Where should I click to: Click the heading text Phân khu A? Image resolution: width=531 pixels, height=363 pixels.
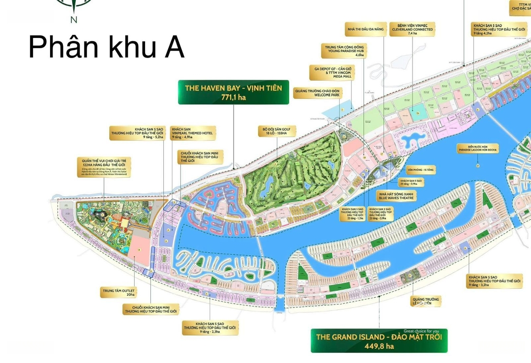click(x=106, y=47)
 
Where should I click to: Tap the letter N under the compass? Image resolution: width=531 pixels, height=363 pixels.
click(x=74, y=20)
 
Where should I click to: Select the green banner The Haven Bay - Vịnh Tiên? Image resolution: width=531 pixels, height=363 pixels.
click(x=234, y=92)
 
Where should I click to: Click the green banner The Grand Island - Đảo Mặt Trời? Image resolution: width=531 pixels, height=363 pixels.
click(x=379, y=341)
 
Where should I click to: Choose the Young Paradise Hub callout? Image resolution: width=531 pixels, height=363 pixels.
click(x=345, y=51)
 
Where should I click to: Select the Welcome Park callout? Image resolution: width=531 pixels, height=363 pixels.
click(x=318, y=93)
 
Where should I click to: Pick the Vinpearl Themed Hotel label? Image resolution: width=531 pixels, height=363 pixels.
click(x=193, y=133)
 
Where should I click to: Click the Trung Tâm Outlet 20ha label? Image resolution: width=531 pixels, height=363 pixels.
click(x=118, y=292)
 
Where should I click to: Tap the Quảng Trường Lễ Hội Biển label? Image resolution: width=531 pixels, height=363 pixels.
click(x=426, y=301)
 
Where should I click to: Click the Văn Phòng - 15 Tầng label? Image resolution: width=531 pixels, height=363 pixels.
click(x=420, y=170)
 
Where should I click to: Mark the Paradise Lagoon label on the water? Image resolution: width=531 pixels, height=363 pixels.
click(x=477, y=149)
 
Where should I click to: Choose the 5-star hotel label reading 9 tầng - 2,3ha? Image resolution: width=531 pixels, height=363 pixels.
click(x=210, y=328)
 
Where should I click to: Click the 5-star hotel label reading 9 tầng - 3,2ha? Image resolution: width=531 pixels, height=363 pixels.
click(x=495, y=281)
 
